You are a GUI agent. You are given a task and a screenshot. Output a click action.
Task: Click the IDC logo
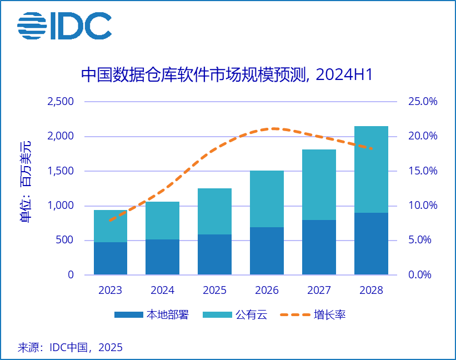[64, 26]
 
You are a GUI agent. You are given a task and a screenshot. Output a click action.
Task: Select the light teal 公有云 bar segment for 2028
[371, 169]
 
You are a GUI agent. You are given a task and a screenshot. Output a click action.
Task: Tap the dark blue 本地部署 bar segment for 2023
[111, 258]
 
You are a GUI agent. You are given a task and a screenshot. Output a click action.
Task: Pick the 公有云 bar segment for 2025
[214, 211]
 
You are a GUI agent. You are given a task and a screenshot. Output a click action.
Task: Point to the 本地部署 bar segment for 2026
[267, 251]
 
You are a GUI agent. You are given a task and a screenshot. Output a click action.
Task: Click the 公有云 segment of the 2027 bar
[319, 185]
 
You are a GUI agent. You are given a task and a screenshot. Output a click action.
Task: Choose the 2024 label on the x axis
[162, 291]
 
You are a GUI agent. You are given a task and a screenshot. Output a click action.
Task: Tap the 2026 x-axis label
[267, 291]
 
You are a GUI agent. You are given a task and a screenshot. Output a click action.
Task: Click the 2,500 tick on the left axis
[61, 102]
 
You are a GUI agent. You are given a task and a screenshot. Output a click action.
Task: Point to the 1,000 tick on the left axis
[61, 206]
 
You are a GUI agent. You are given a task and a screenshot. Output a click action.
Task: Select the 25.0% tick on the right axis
[423, 102]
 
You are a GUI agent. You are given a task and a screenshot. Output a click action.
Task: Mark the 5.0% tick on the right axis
[423, 240]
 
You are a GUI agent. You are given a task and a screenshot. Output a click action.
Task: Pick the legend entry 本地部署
[151, 315]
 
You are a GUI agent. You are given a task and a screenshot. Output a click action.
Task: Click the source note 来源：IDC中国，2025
[70, 348]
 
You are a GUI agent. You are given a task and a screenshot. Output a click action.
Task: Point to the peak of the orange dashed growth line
[274, 128]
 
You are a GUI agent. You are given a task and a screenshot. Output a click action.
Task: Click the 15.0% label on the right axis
[423, 171]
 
